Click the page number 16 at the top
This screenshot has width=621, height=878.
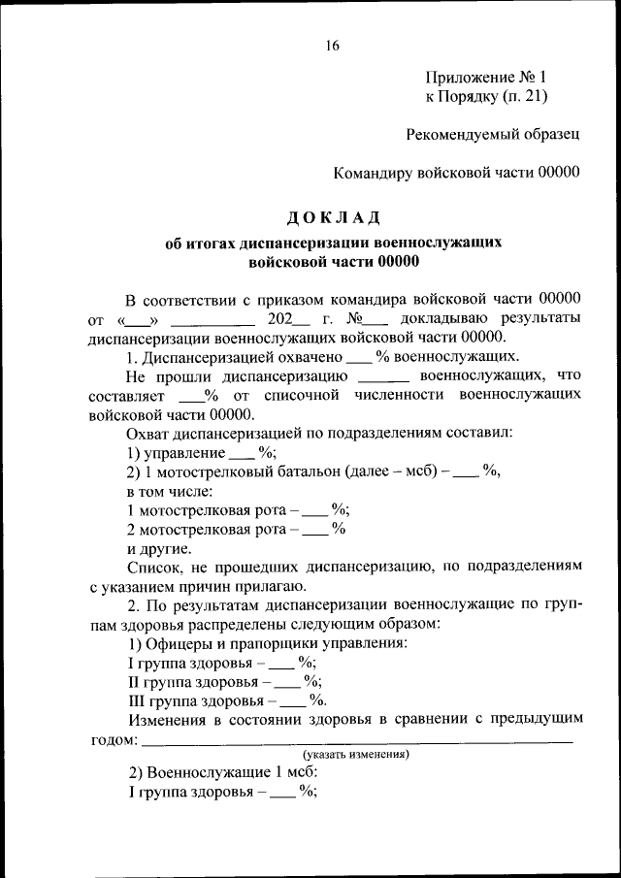coord(333,47)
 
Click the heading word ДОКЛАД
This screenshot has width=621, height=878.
coord(333,215)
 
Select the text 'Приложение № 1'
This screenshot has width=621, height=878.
coord(486,77)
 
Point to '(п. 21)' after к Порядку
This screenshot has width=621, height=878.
coord(525,95)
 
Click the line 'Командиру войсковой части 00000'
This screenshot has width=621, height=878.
coord(456,173)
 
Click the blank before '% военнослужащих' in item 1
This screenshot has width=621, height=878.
coord(359,357)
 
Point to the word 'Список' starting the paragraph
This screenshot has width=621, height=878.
coord(152,567)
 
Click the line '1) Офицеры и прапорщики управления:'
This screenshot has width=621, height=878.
coord(268,643)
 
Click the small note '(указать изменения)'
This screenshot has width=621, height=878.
coord(355,754)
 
